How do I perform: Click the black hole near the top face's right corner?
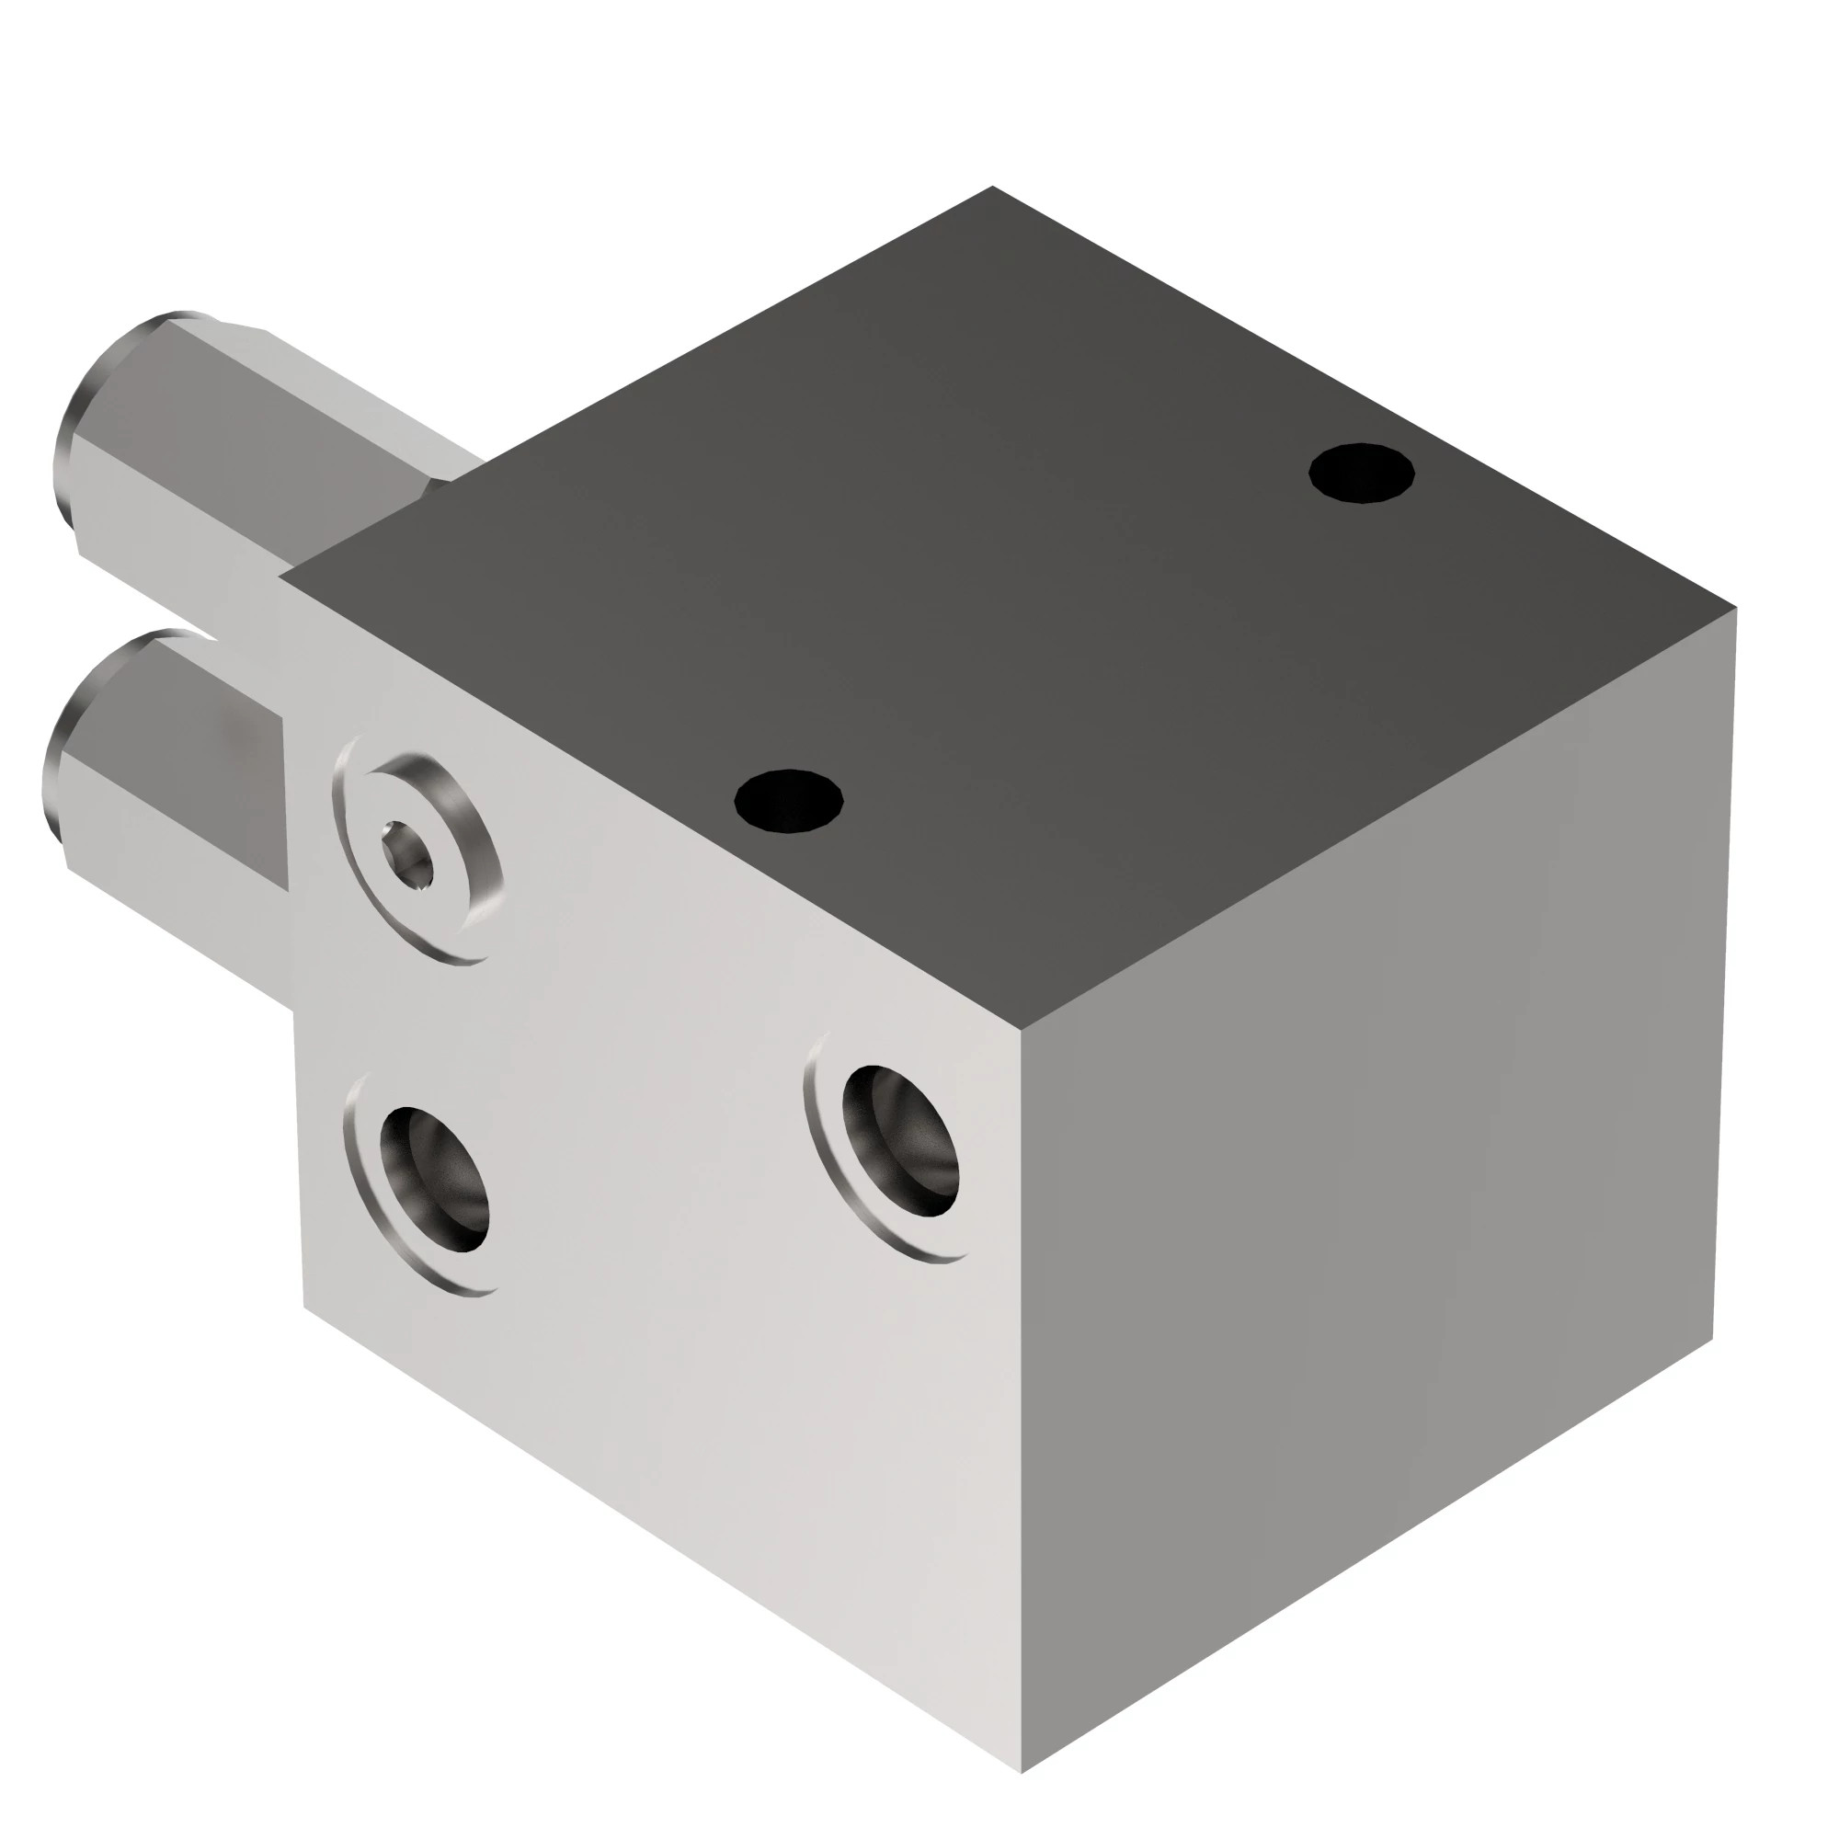(x=1360, y=473)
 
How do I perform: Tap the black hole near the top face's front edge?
(x=788, y=800)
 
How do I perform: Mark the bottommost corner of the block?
(x=1022, y=1773)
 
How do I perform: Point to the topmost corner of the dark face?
(x=992, y=188)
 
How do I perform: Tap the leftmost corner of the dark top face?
(x=281, y=576)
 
